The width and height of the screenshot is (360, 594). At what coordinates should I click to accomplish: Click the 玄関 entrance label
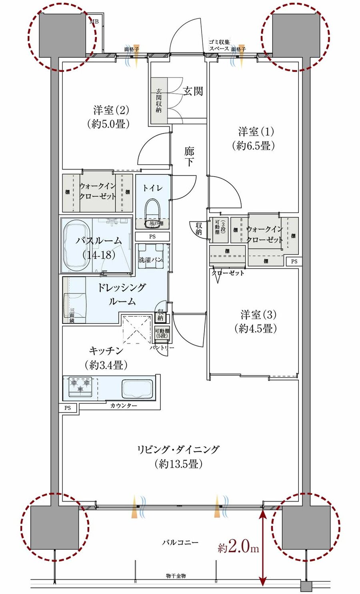[193, 91]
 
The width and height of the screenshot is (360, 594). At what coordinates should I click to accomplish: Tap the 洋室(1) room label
[256, 138]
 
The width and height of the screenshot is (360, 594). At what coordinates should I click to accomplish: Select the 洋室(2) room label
[111, 116]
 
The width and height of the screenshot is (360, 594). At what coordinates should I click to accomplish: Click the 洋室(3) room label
[258, 321]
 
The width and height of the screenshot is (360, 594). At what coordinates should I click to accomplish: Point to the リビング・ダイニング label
[178, 456]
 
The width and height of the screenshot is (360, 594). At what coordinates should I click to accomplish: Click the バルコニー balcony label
[180, 542]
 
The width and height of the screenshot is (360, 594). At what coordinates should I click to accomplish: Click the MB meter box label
[95, 22]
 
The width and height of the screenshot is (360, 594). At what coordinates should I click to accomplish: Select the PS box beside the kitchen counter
[68, 408]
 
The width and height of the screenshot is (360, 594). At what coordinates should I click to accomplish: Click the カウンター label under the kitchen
[124, 406]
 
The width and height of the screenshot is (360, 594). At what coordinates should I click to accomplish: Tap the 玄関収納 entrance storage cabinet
[159, 101]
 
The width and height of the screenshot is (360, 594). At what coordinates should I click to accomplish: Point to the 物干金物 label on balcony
[176, 576]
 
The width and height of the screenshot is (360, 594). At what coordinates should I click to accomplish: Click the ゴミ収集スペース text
[219, 45]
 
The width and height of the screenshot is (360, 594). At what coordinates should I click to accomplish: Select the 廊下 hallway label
[189, 156]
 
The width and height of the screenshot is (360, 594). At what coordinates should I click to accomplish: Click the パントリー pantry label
[162, 347]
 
